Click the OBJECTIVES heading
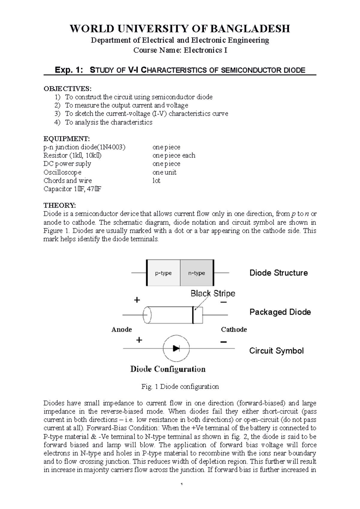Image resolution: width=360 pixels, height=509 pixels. [x=66, y=89]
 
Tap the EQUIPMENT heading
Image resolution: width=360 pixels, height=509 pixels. [x=66, y=138]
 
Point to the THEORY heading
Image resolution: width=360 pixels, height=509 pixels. [x=60, y=205]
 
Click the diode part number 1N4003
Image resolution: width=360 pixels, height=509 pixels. [x=112, y=147]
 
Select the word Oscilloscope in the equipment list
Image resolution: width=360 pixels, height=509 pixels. [x=62, y=172]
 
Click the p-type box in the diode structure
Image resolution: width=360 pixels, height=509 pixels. [x=163, y=273]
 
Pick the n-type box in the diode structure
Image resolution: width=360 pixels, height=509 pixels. [x=196, y=273]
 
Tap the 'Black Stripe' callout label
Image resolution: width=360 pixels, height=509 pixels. [x=213, y=293]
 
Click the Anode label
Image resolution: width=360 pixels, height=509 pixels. [x=121, y=329]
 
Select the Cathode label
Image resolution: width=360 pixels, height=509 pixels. [x=234, y=329]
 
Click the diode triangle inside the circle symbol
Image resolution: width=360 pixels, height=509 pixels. [x=176, y=348]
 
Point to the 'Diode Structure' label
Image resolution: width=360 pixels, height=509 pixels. [x=278, y=273]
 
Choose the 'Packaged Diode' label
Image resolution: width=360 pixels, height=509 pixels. [x=280, y=312]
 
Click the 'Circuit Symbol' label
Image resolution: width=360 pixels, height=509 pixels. [x=276, y=351]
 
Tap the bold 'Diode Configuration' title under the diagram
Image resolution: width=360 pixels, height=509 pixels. [x=168, y=369]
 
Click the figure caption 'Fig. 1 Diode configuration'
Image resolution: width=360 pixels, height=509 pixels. [x=180, y=387]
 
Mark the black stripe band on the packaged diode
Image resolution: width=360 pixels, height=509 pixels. [x=193, y=315]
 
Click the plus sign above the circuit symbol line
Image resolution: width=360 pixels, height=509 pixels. [x=139, y=340]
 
